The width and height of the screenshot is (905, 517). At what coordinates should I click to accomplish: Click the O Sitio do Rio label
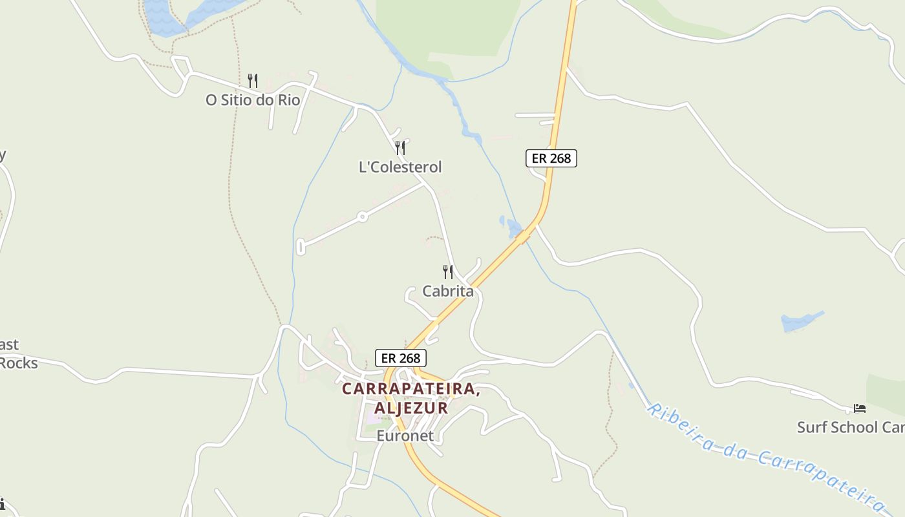253,100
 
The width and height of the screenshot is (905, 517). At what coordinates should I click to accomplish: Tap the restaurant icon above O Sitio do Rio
253,81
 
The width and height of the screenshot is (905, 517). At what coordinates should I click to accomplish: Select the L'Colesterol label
400,167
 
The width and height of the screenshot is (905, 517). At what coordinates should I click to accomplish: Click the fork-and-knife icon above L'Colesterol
400,148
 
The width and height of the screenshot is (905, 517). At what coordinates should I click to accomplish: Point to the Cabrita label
448,291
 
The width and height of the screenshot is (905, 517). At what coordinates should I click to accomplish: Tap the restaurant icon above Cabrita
448,271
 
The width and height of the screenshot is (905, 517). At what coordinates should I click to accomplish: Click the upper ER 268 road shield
551,158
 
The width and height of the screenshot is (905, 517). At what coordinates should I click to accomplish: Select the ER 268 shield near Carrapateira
401,358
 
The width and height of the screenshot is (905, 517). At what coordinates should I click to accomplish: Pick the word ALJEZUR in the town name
411,408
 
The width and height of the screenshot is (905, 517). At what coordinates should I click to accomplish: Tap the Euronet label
405,436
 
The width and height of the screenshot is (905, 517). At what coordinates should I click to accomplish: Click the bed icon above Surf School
860,408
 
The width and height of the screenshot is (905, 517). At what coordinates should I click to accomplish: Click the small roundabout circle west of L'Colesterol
363,217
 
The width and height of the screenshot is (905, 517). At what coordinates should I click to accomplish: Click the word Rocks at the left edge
18,363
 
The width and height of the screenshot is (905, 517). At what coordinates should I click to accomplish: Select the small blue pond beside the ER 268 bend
513,227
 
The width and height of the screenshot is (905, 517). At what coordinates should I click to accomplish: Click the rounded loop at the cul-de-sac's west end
300,246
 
